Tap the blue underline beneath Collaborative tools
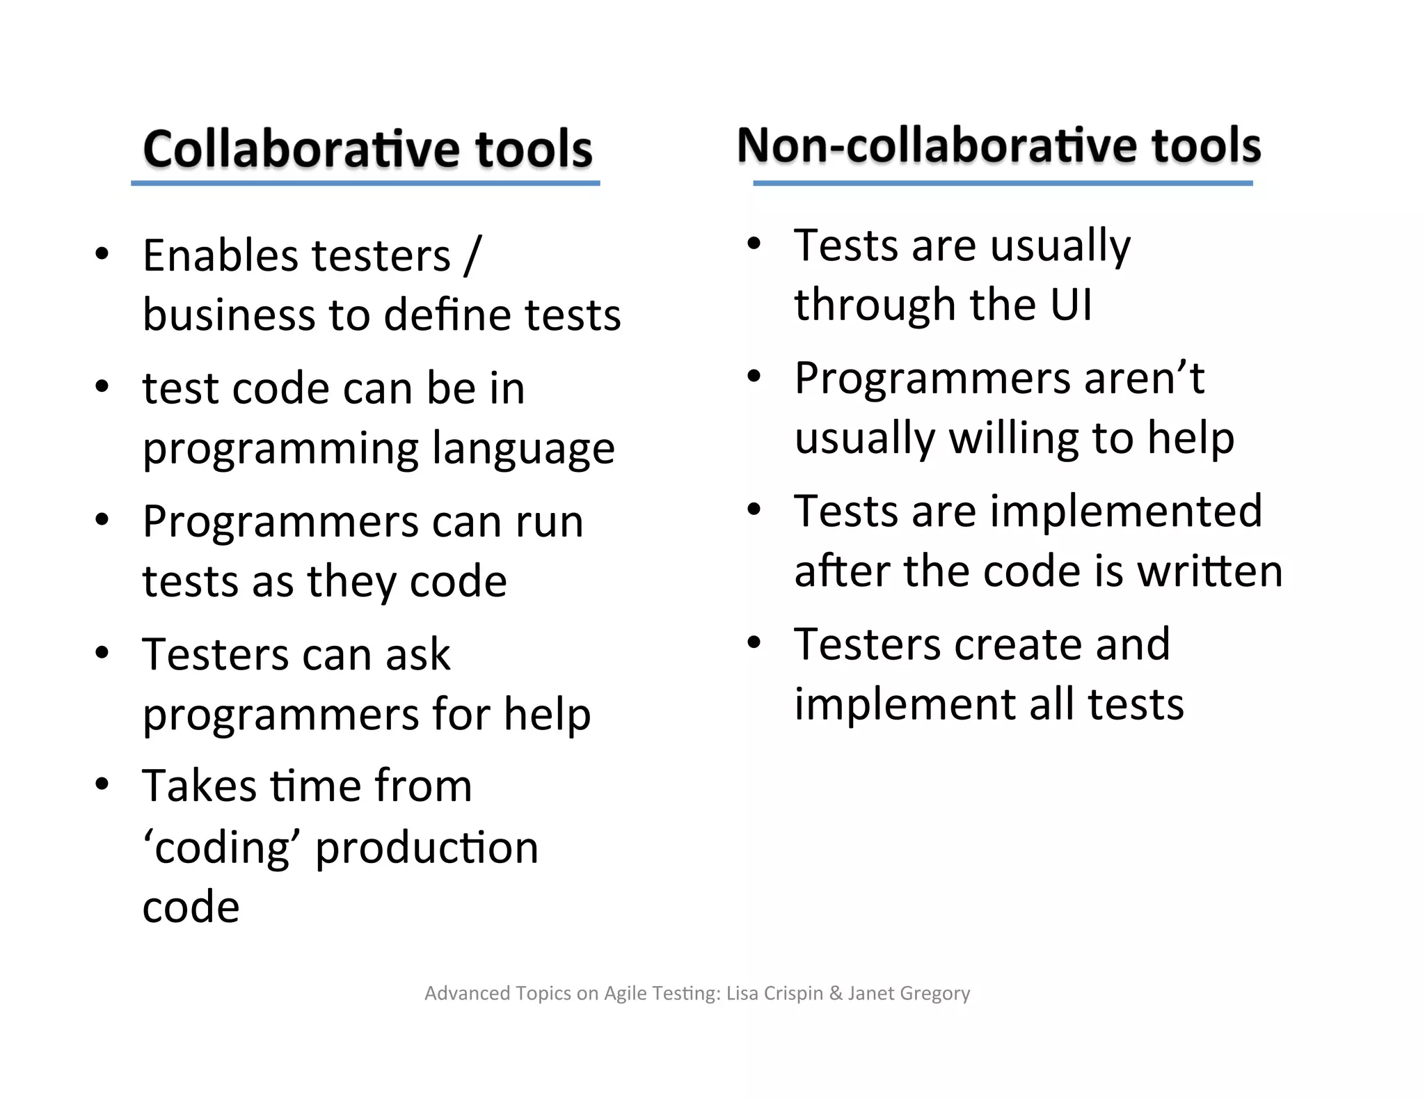click(365, 183)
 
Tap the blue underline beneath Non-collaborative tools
click(1003, 183)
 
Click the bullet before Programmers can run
click(102, 520)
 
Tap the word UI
click(1072, 304)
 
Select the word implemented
click(1126, 511)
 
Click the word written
click(1210, 571)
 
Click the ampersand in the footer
click(836, 993)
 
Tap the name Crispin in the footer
click(793, 993)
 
